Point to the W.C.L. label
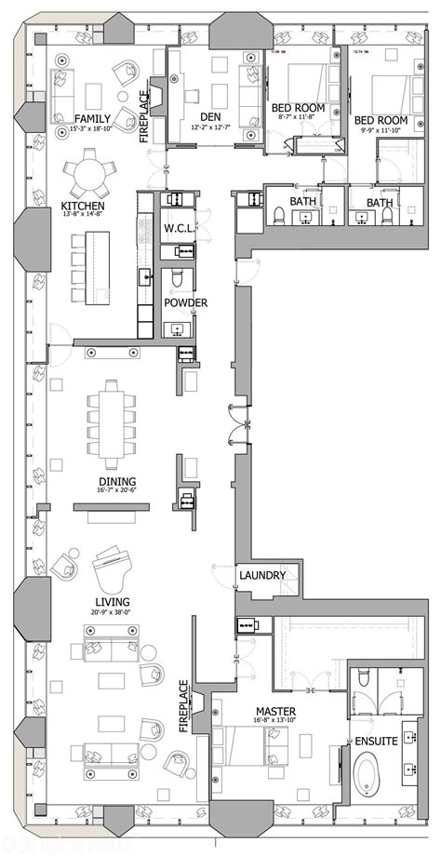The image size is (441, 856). [x=177, y=229]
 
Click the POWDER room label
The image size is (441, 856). [x=185, y=302]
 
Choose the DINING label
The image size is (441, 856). [x=117, y=482]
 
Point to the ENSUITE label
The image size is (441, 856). [x=377, y=741]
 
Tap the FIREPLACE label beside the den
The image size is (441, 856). [x=145, y=116]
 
